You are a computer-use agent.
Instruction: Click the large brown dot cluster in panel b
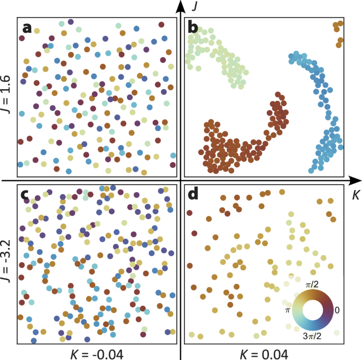click(x=227, y=148)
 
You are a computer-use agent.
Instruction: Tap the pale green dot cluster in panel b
click(x=217, y=53)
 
